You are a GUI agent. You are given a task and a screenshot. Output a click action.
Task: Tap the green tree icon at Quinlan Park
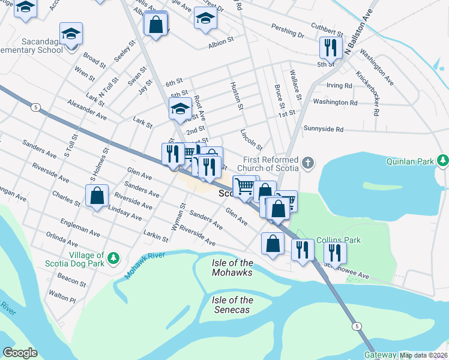(x=443, y=160)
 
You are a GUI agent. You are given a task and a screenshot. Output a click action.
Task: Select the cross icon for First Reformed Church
(x=307, y=163)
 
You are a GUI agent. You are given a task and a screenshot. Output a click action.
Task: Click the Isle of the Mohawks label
(x=232, y=268)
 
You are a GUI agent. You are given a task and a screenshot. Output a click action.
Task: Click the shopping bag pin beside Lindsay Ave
(x=97, y=196)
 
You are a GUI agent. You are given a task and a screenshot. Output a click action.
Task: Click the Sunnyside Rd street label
(x=323, y=129)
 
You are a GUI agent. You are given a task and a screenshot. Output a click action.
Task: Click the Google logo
(x=20, y=352)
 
